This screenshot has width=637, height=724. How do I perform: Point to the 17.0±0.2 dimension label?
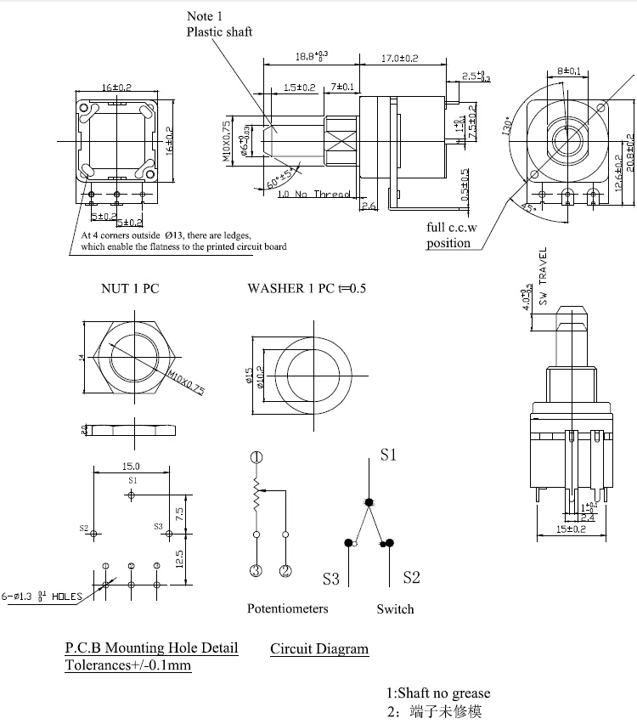pyautogui.click(x=399, y=58)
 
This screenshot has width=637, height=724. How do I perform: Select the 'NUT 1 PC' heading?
pyautogui.click(x=130, y=288)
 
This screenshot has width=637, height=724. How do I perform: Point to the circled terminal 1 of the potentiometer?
pyautogui.click(x=256, y=457)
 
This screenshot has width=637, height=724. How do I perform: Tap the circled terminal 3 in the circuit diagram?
pyautogui.click(x=256, y=570)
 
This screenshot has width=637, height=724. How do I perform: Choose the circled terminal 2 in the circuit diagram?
pyautogui.click(x=286, y=570)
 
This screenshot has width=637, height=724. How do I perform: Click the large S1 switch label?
pyautogui.click(x=388, y=455)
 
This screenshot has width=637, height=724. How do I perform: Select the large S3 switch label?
pyautogui.click(x=331, y=580)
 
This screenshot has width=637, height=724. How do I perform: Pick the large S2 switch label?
pyautogui.click(x=411, y=578)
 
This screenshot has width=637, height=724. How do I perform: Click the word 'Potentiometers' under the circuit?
pyautogui.click(x=287, y=608)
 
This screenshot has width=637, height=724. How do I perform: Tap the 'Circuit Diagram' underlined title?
pyautogui.click(x=319, y=649)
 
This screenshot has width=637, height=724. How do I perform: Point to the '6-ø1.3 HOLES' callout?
pyautogui.click(x=42, y=596)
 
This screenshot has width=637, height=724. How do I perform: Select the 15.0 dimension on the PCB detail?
pyautogui.click(x=132, y=466)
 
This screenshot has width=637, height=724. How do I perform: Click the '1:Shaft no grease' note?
pyautogui.click(x=438, y=693)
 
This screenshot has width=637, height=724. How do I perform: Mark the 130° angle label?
pyautogui.click(x=508, y=126)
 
